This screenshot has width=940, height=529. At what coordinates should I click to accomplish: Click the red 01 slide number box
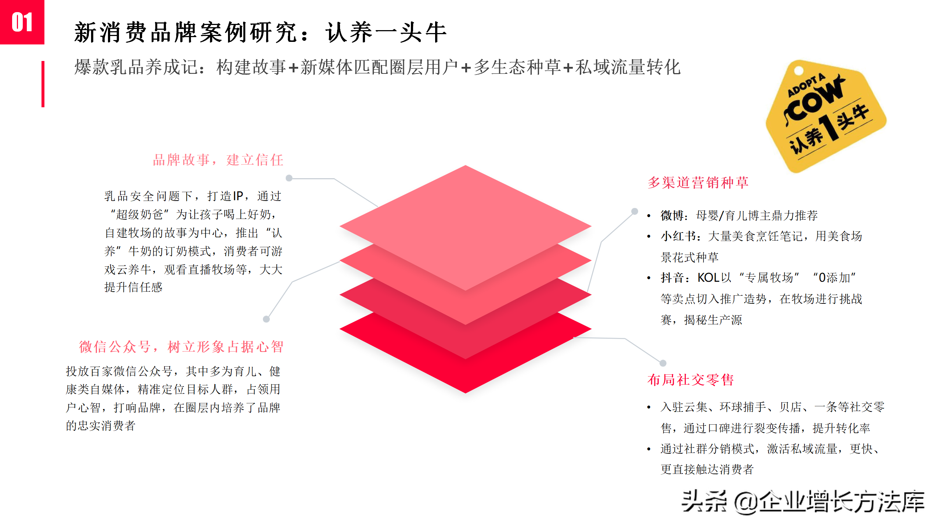tap(22, 22)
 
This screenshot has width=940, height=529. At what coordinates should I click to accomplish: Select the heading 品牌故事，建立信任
tap(218, 160)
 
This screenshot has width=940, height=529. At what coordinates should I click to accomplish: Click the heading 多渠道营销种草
tap(698, 183)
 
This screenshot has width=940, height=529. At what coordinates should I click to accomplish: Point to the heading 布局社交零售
tap(690, 380)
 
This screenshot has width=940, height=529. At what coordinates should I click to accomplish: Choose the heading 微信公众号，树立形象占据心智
tap(181, 347)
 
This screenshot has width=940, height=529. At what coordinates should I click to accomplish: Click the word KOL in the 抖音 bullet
tap(709, 278)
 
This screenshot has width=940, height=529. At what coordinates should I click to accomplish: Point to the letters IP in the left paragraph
tap(238, 196)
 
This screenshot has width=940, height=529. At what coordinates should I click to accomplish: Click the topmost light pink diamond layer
tap(466, 220)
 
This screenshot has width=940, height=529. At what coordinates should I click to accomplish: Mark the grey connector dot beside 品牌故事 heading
tap(289, 178)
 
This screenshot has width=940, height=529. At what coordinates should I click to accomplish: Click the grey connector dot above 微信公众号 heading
tap(266, 319)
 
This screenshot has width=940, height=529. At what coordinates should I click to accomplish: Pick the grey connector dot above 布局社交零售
tap(663, 363)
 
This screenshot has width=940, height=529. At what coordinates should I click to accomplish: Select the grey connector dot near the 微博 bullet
tap(634, 211)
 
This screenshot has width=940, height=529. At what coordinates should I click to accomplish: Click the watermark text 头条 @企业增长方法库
tap(803, 502)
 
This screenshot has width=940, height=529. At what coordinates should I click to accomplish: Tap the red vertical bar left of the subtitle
tap(43, 84)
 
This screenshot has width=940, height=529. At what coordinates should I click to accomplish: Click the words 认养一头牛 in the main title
tap(386, 32)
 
